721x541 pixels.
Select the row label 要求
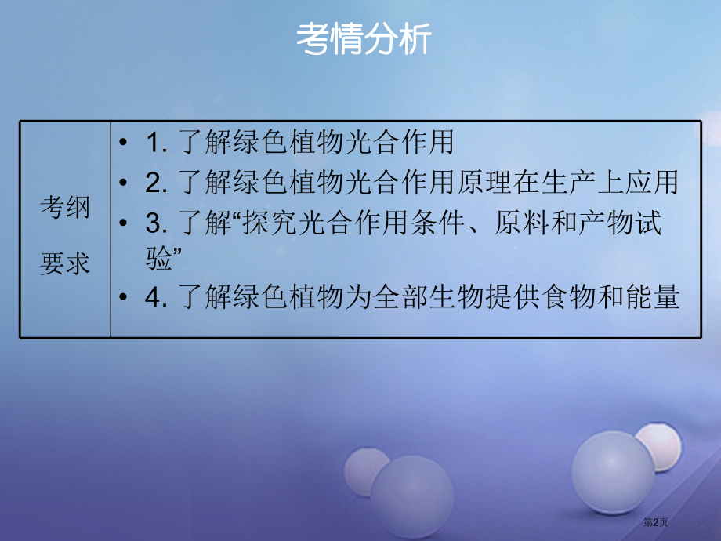coord(65,263)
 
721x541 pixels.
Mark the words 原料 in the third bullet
coord(518,223)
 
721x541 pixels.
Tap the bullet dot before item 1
coord(125,143)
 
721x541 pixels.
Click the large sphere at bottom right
coord(613,471)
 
